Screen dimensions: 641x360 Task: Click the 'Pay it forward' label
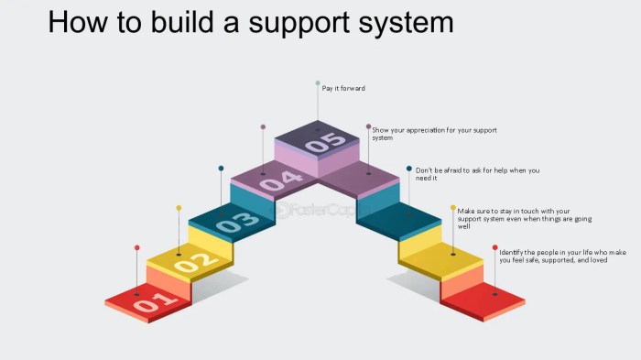point(343,88)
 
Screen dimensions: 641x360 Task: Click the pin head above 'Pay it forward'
point(318,83)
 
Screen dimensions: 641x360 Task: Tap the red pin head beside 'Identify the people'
point(495,247)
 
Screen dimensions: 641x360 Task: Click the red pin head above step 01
point(137,247)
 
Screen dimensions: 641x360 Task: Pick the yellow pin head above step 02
point(179,208)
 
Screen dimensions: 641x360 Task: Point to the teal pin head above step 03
point(221,168)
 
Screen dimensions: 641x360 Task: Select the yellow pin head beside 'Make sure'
point(453,208)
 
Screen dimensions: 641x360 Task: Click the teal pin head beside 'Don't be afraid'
point(409,168)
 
